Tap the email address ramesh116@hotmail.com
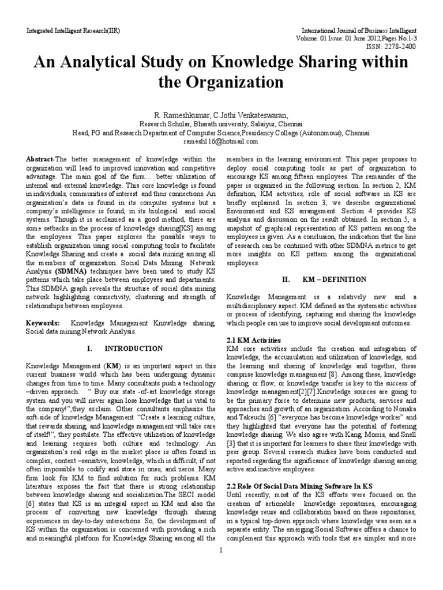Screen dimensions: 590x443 coord(220,141)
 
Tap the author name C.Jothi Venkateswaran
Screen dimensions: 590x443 coord(254,115)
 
